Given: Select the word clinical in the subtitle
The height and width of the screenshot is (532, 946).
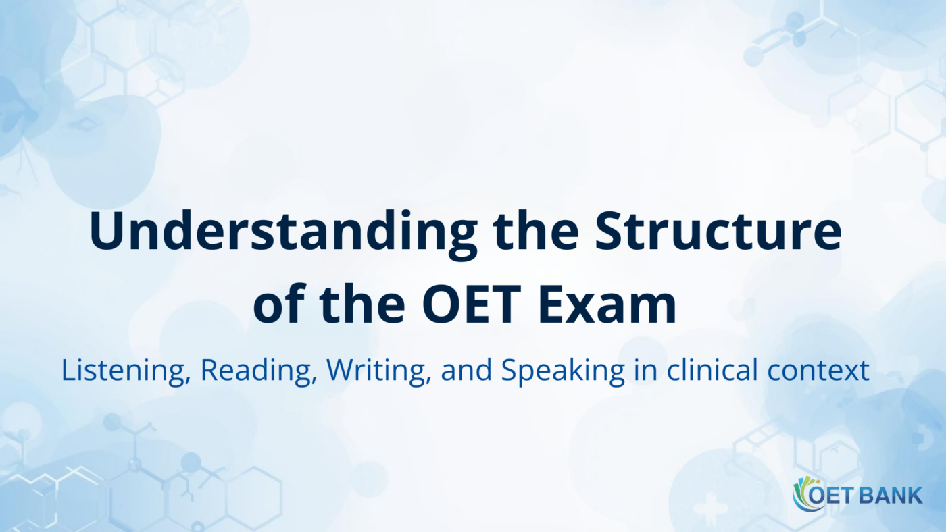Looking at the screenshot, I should click(716, 371).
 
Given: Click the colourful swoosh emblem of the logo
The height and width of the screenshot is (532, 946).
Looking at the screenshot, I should click(803, 494).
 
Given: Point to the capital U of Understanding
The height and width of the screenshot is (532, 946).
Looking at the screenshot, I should click(108, 231).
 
